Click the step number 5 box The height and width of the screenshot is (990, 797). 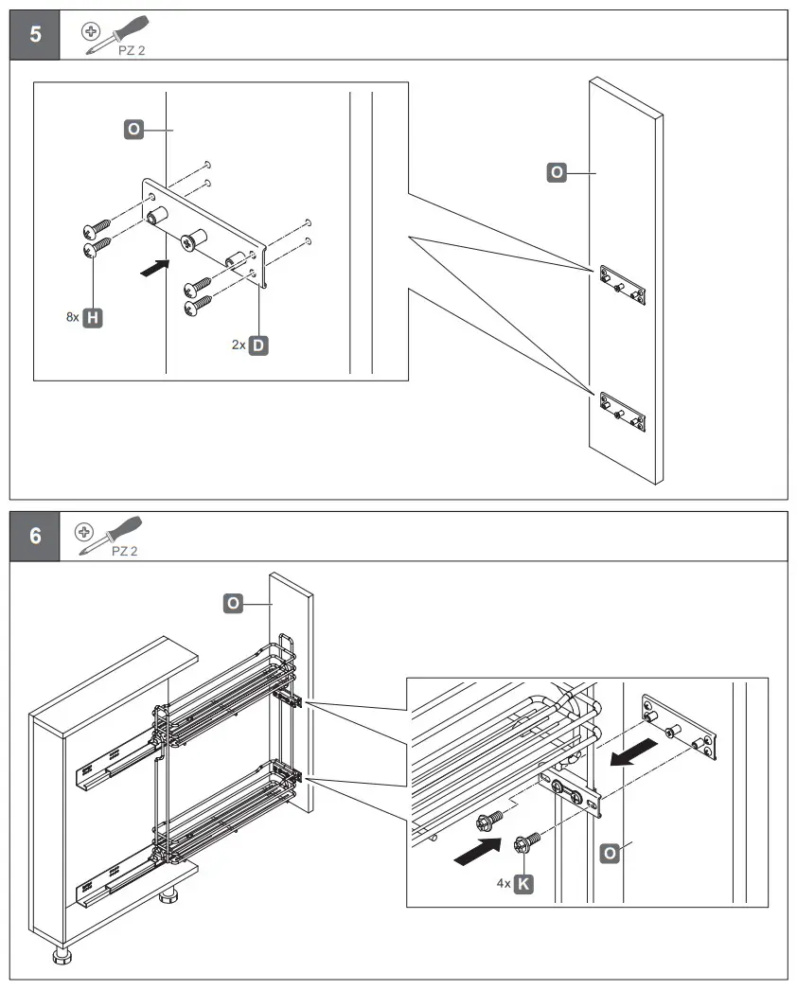point(35,35)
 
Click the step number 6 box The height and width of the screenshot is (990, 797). point(35,536)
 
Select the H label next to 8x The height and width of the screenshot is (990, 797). point(93,318)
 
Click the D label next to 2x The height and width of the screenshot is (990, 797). point(258,345)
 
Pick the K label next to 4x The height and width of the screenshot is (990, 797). point(523,884)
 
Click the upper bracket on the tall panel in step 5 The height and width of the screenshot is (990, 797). point(623,283)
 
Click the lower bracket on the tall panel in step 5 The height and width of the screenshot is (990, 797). point(623,409)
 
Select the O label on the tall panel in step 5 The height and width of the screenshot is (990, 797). point(558,172)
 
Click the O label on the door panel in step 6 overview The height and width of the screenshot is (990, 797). point(232,602)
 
